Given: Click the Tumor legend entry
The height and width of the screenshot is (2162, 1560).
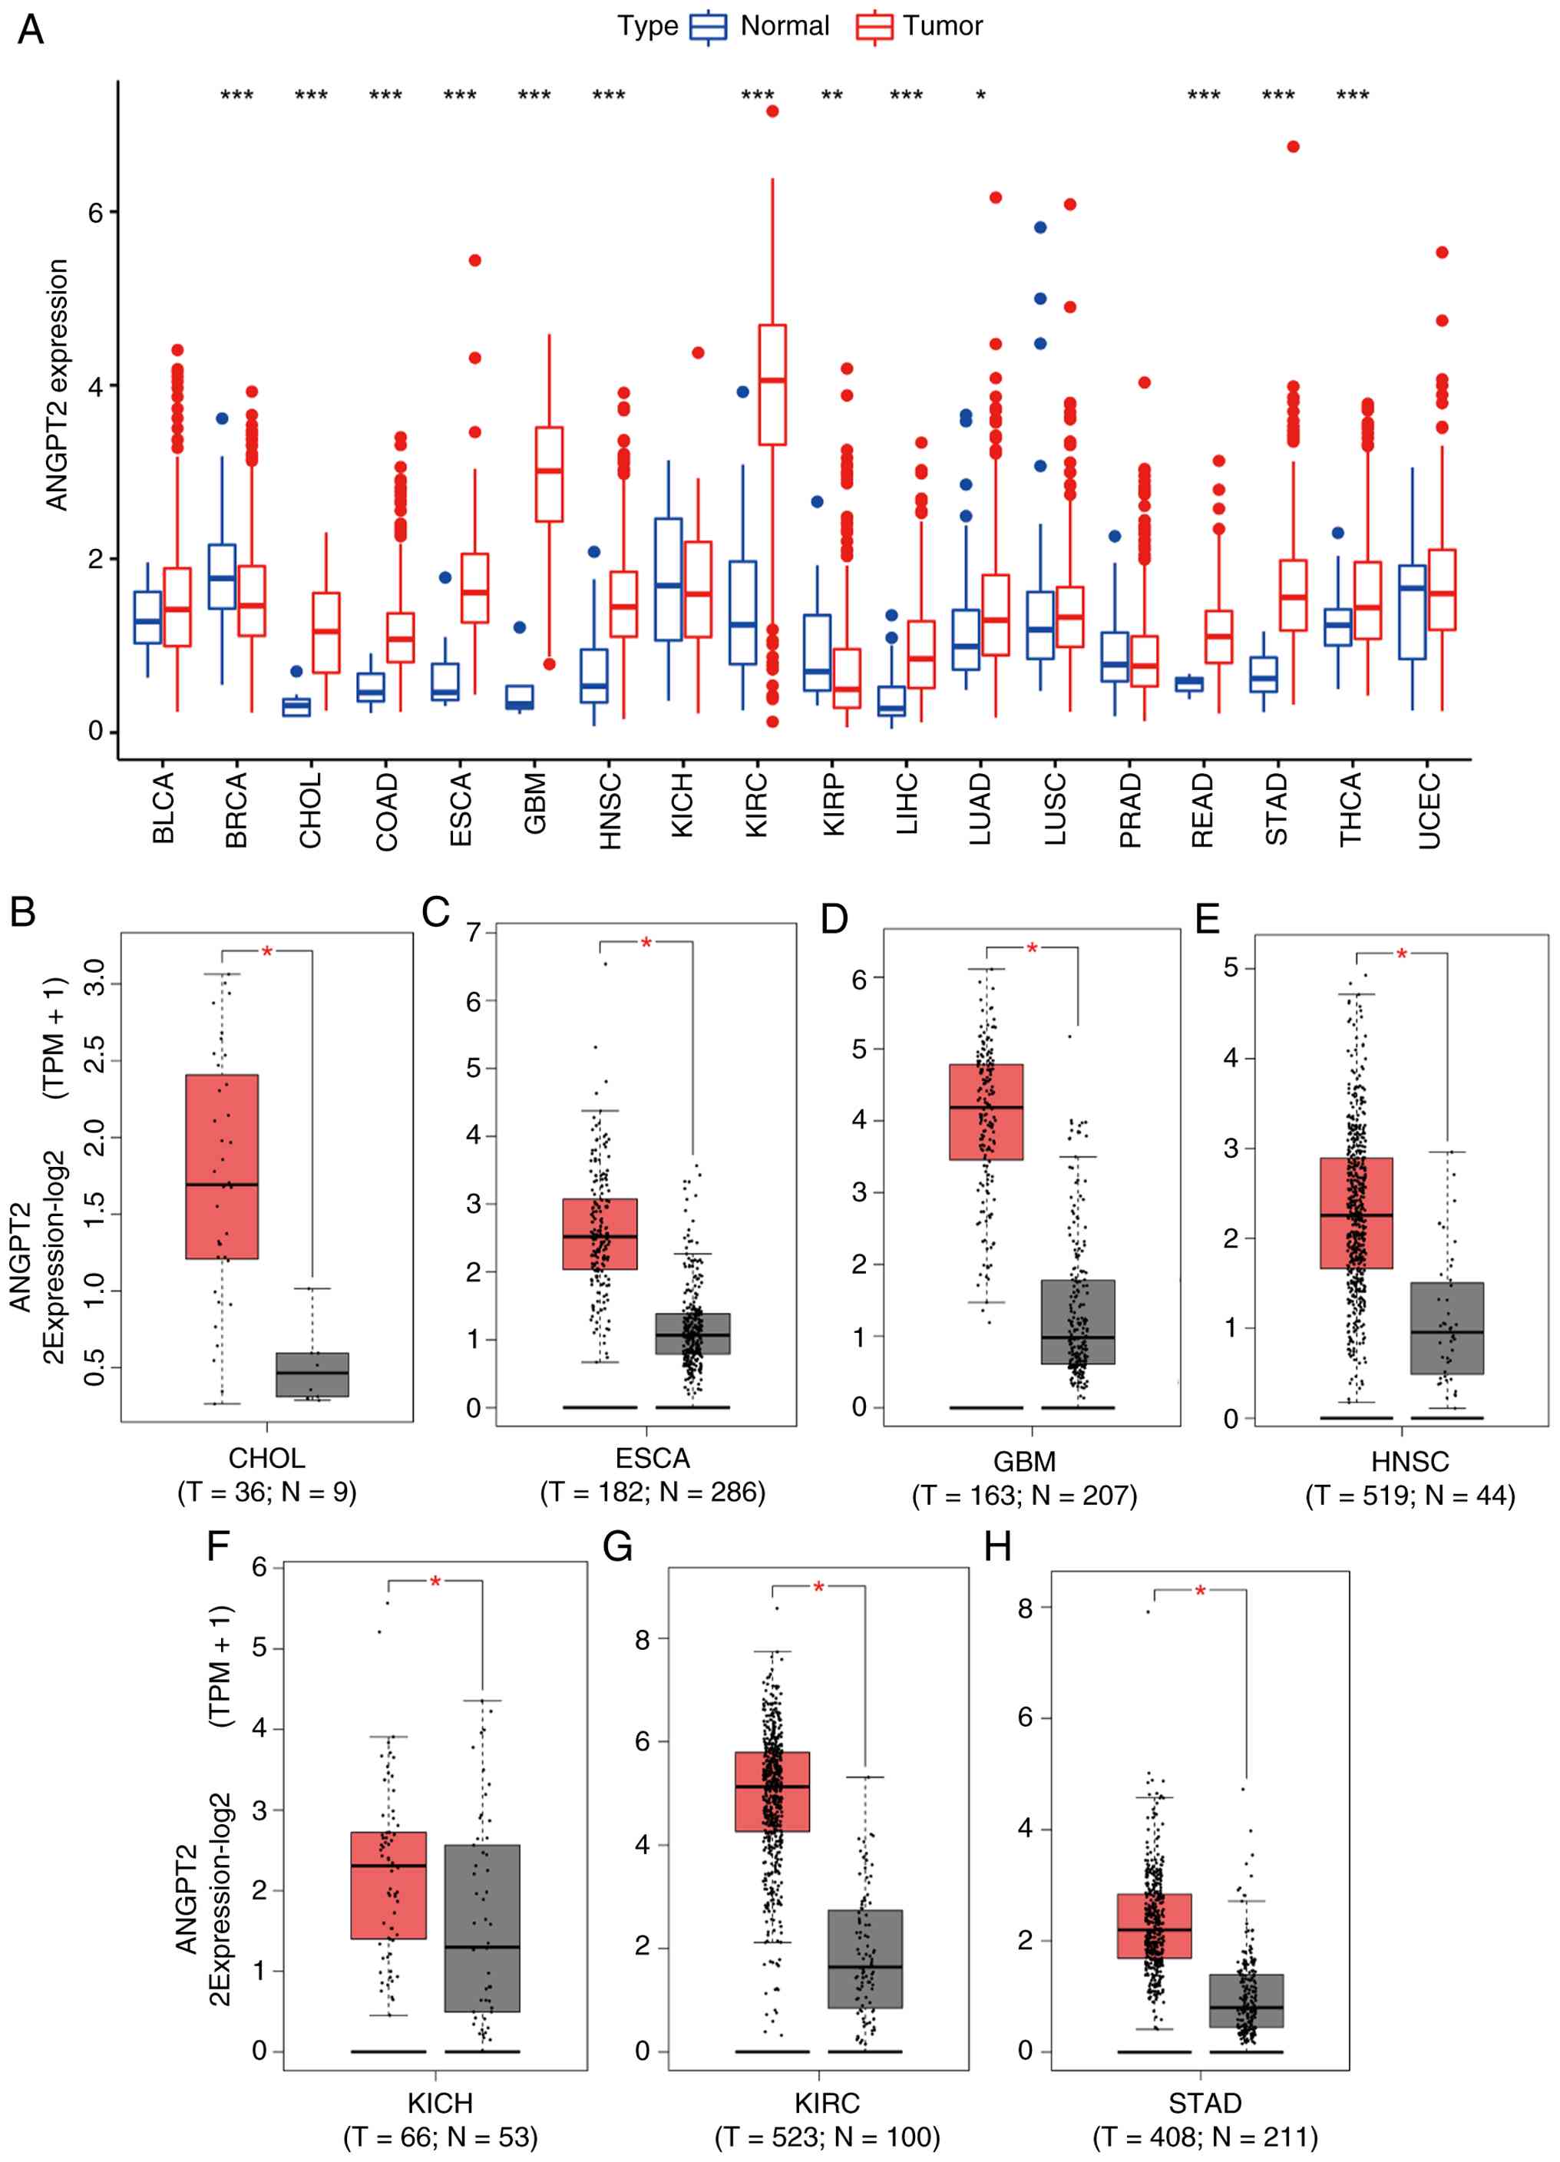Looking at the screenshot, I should pyautogui.click(x=919, y=26).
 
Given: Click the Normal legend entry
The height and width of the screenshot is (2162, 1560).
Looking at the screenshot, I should pyautogui.click(x=759, y=26).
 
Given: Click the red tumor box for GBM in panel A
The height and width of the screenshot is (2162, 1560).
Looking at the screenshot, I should pyautogui.click(x=549, y=474).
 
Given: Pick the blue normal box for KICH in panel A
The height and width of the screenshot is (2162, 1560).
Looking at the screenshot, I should pyautogui.click(x=668, y=580).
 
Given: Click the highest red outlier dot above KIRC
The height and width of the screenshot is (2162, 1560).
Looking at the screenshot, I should pyautogui.click(x=772, y=111).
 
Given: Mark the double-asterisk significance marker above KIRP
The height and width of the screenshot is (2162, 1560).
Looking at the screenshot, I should pyautogui.click(x=832, y=95).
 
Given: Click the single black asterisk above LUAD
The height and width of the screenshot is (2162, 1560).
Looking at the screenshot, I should pyautogui.click(x=980, y=95).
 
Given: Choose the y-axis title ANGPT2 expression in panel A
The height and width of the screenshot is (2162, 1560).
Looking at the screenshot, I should pyautogui.click(x=57, y=385).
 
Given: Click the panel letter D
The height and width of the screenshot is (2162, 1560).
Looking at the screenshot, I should pyautogui.click(x=834, y=918).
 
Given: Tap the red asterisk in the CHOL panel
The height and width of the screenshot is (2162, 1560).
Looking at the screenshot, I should pyautogui.click(x=267, y=952).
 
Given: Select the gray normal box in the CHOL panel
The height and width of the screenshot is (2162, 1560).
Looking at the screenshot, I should pyautogui.click(x=312, y=1374).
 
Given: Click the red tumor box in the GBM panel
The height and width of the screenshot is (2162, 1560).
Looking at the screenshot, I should pyautogui.click(x=987, y=1112).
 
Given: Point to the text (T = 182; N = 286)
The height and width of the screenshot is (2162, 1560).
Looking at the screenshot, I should pyautogui.click(x=653, y=1492).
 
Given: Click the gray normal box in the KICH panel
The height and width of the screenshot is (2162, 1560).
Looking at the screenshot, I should pyautogui.click(x=482, y=1928).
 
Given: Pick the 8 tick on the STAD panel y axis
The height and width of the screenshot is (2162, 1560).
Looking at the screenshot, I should pyautogui.click(x=1024, y=1609).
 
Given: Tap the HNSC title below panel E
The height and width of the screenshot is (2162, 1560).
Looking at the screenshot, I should pyautogui.click(x=1410, y=1461).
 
